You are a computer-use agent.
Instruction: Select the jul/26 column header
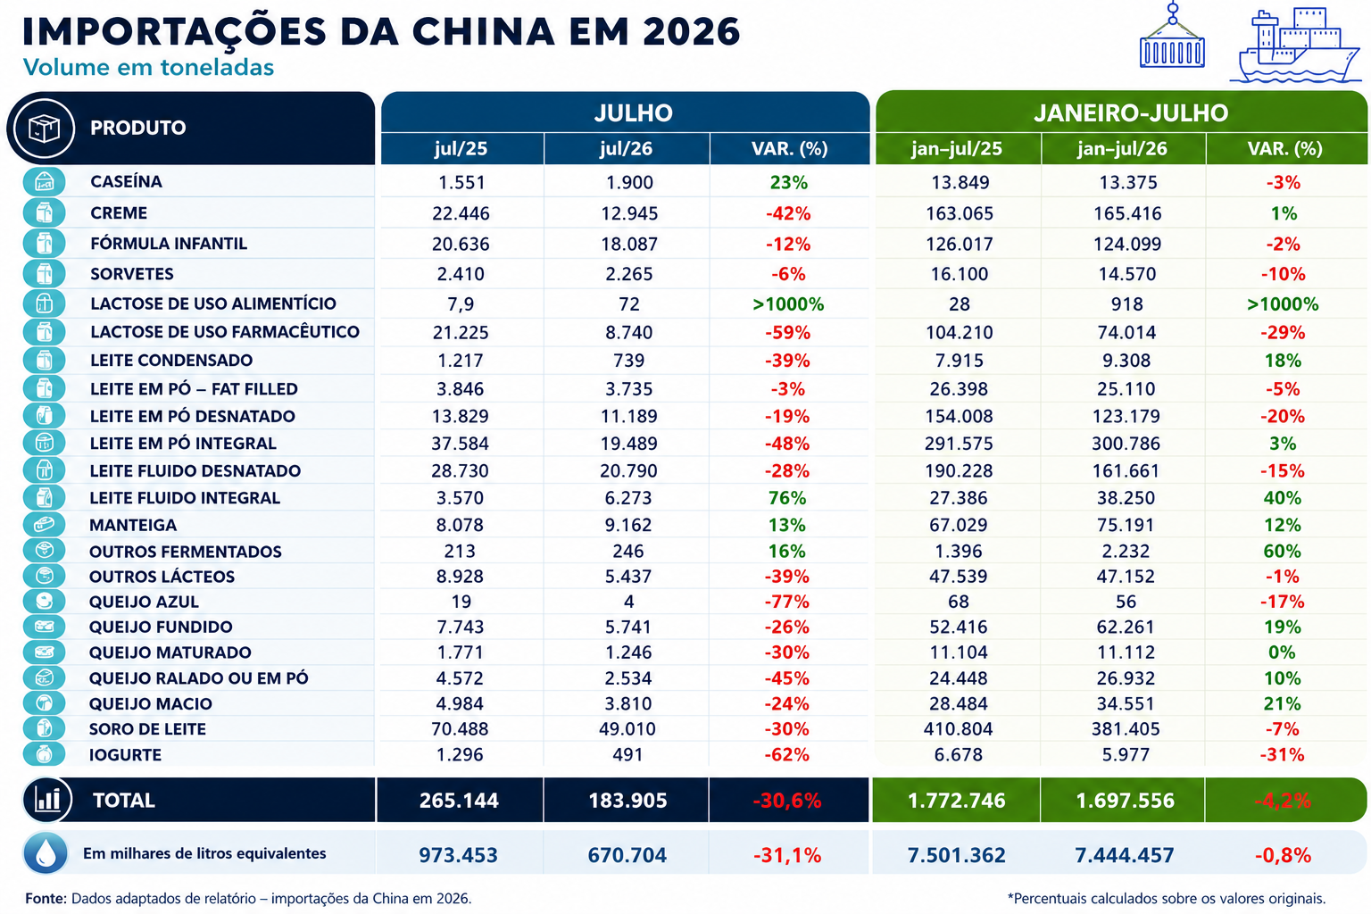(x=626, y=149)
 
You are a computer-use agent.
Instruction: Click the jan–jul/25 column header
(x=957, y=149)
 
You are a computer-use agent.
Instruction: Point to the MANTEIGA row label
(x=133, y=525)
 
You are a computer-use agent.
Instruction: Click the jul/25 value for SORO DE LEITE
(x=460, y=729)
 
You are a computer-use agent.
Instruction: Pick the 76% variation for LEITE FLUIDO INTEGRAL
(x=787, y=498)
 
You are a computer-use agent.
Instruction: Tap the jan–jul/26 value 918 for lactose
(x=1126, y=304)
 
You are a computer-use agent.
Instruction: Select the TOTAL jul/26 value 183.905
(x=627, y=801)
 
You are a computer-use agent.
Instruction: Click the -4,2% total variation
(x=1283, y=801)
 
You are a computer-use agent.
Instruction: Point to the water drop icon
(x=46, y=852)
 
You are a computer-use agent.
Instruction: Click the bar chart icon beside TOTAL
(x=47, y=800)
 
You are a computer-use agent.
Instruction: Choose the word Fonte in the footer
(x=46, y=899)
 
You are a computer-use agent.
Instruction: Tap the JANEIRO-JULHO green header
(x=1131, y=113)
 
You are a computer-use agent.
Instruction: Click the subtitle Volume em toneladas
(x=148, y=67)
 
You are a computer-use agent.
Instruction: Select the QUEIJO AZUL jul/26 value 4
(x=628, y=602)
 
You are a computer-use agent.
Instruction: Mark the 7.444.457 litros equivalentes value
(x=1125, y=855)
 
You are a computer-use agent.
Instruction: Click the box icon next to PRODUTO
(x=44, y=129)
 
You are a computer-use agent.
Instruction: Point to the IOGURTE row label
(x=126, y=755)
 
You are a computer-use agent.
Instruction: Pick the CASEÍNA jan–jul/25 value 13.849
(x=960, y=182)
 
